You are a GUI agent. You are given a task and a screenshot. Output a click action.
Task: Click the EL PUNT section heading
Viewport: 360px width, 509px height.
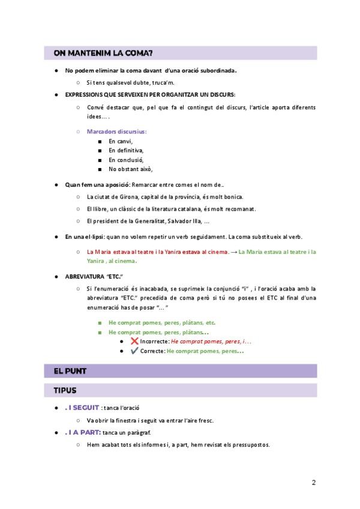pos(70,371)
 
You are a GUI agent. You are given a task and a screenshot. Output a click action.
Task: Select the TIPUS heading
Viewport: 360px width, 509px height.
pos(65,390)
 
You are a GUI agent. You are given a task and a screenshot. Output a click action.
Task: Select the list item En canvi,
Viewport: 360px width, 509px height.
pos(121,141)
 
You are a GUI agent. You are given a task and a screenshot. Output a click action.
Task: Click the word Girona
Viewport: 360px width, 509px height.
pos(129,197)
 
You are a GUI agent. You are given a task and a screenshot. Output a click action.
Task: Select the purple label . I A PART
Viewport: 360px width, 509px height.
pos(83,433)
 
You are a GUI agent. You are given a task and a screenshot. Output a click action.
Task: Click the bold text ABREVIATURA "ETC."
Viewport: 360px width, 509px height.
pos(90,277)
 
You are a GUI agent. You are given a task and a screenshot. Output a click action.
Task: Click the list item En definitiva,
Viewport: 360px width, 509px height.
pos(126,150)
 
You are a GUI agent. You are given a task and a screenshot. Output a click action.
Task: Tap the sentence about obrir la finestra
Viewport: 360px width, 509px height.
pos(150,420)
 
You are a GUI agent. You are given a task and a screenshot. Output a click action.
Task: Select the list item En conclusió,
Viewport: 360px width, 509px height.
pos(126,160)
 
